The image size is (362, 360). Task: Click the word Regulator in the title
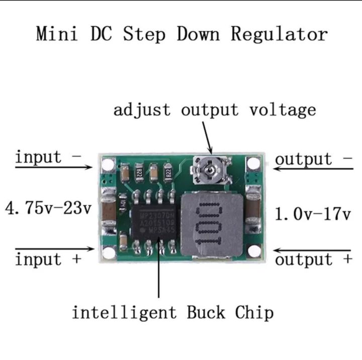(279, 35)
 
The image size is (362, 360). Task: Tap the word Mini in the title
(56, 34)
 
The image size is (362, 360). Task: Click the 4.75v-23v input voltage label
(48, 207)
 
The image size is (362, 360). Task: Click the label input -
(48, 157)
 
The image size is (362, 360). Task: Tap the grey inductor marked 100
(214, 223)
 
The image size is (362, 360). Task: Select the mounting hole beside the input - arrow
(107, 164)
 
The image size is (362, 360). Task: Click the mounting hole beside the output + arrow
(254, 251)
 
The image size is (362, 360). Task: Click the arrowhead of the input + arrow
(92, 249)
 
